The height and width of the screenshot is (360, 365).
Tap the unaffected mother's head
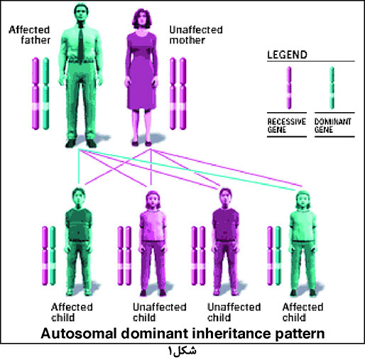click(x=142, y=19)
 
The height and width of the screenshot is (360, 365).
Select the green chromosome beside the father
click(x=46, y=94)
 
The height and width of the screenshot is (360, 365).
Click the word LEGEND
click(x=287, y=55)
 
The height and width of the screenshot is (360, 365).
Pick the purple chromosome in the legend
click(x=289, y=88)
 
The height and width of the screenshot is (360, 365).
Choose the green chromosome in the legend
click(x=332, y=88)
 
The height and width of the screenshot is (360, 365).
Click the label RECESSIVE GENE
click(x=287, y=126)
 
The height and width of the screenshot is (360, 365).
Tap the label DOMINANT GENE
click(x=332, y=126)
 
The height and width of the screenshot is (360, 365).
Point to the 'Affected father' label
click(x=30, y=35)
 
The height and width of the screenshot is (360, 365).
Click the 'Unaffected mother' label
click(x=196, y=35)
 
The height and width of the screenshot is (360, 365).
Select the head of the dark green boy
click(x=79, y=197)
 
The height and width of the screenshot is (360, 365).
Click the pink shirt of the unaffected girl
click(x=153, y=225)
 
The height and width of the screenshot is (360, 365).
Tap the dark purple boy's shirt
click(x=225, y=224)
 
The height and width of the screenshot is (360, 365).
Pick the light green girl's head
click(x=303, y=200)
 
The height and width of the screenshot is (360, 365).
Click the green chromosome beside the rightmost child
click(x=278, y=256)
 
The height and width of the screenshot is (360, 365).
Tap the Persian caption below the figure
click(x=182, y=351)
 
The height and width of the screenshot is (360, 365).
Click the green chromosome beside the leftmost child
click(x=53, y=256)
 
